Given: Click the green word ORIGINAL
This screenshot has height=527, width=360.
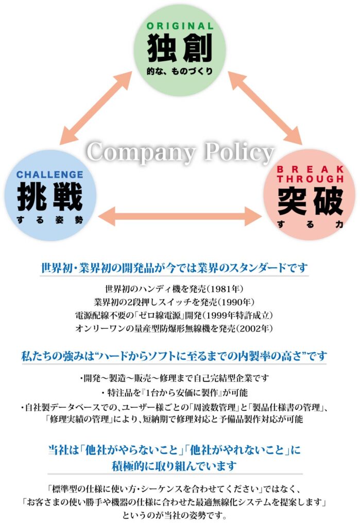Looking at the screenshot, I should (x=180, y=26).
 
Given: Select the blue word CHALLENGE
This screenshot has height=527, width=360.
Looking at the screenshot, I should (x=49, y=175).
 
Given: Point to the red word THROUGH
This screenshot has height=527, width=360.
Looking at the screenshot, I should (x=311, y=179).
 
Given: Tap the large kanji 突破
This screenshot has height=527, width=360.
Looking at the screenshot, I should (x=311, y=201).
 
